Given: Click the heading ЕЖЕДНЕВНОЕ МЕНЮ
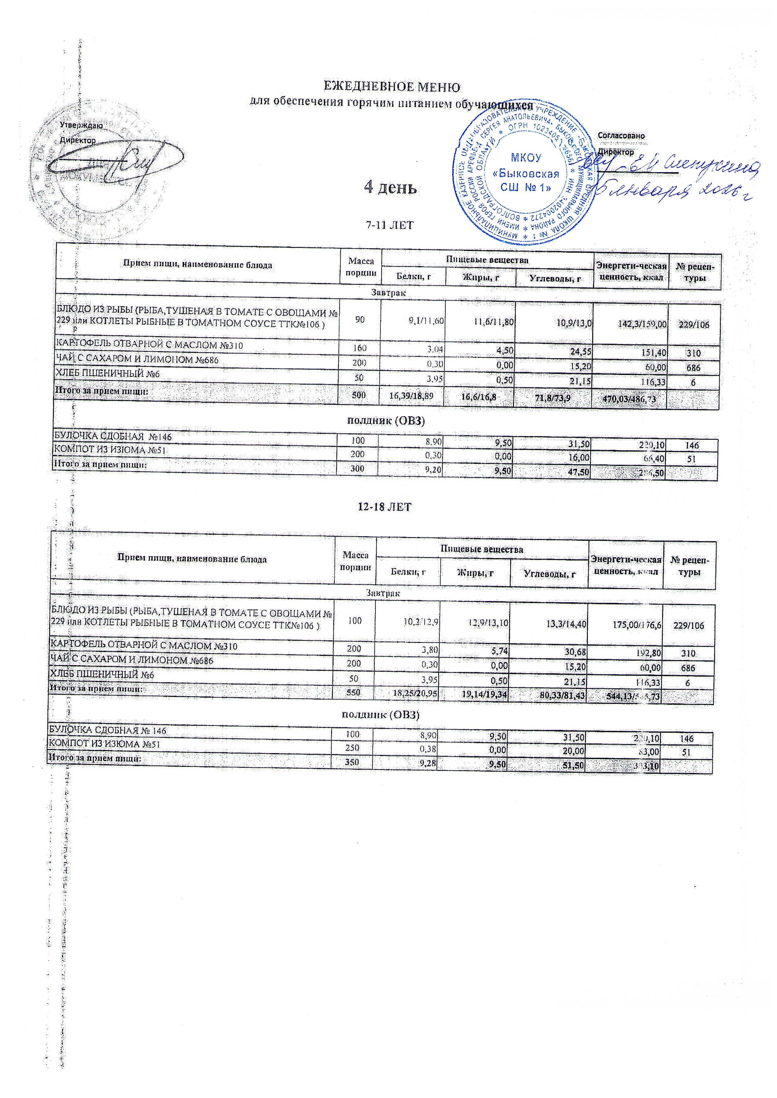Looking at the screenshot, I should click(392, 87).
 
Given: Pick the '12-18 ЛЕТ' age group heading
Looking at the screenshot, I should click(384, 507).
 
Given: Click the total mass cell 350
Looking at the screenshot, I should click(352, 762).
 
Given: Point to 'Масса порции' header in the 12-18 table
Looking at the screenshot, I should click(355, 561).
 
